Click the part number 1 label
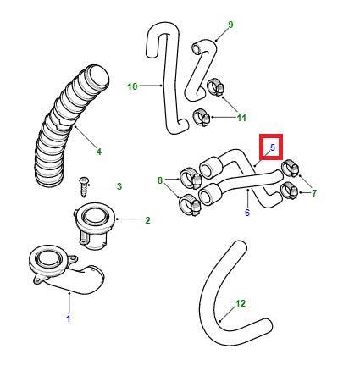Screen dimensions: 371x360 69,318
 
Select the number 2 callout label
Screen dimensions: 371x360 147,221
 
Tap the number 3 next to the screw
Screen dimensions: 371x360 119,186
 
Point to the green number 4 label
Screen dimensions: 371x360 98,152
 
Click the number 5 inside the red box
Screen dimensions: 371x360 273,148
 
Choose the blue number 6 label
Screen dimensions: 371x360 246,213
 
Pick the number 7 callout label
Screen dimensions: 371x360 313,193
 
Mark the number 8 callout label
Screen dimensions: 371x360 159,180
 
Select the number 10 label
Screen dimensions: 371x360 132,86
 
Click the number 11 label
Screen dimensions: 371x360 241,118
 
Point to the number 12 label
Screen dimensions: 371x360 241,302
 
